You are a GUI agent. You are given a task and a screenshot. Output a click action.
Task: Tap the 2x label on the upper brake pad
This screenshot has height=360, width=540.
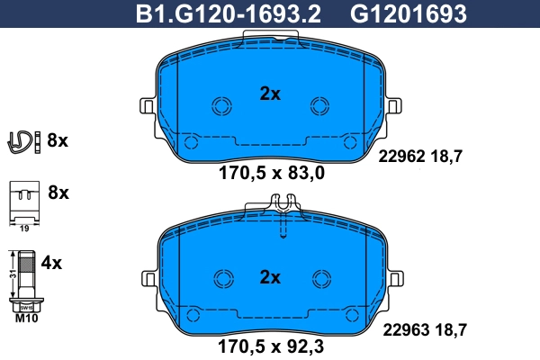pyautogui.click(x=270, y=93)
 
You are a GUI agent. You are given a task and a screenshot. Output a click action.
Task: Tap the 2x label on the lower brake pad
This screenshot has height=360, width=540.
pyautogui.click(x=270, y=275)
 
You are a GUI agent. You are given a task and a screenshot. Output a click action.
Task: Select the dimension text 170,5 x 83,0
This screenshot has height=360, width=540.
pyautogui.click(x=270, y=174)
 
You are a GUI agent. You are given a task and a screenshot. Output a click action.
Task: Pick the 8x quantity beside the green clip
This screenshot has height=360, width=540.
pyautogui.click(x=58, y=140)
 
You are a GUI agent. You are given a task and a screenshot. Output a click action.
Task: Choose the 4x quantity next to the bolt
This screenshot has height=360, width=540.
pyautogui.click(x=52, y=264)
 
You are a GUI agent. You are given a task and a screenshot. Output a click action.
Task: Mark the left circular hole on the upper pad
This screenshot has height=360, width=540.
pyautogui.click(x=220, y=106)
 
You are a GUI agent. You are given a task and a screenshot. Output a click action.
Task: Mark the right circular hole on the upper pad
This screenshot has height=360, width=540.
pyautogui.click(x=319, y=106)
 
